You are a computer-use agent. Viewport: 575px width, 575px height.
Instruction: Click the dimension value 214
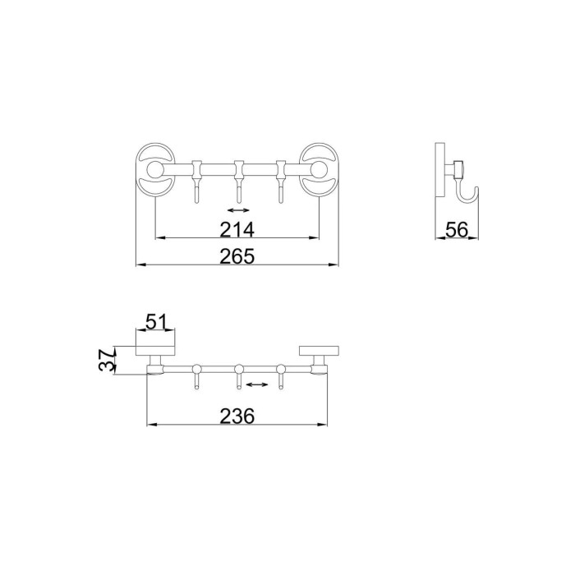[x=237, y=230]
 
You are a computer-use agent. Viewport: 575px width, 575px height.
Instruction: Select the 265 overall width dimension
[x=237, y=256]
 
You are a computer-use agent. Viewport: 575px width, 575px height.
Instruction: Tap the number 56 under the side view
[x=457, y=230]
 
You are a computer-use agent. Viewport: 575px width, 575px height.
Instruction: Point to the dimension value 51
[x=156, y=322]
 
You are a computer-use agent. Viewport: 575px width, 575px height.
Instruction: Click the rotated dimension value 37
[x=107, y=360]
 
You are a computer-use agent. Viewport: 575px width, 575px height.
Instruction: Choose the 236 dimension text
[x=237, y=416]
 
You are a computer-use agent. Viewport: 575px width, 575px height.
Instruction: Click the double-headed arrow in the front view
[x=238, y=210]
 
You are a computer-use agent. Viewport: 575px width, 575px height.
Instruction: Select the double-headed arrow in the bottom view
[x=257, y=384]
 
